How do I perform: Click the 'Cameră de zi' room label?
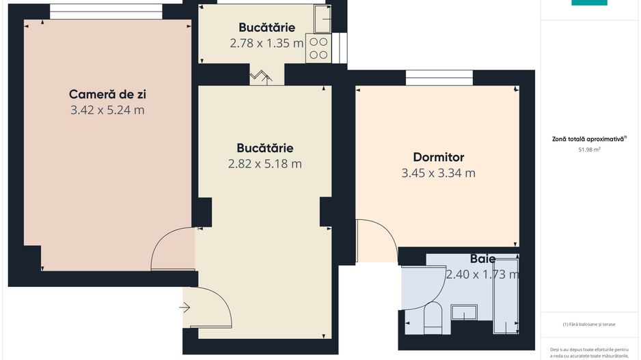(x=107, y=94)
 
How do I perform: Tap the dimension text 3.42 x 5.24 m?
(x=107, y=109)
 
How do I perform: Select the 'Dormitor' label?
(x=438, y=157)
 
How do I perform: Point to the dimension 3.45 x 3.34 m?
(x=438, y=173)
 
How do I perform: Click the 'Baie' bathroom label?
(x=482, y=260)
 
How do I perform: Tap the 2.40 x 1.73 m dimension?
(x=482, y=275)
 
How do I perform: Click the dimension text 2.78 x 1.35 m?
(x=267, y=43)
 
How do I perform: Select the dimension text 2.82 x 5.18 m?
(x=264, y=163)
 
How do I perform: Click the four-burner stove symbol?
(x=318, y=47)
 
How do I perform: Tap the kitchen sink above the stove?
(x=321, y=19)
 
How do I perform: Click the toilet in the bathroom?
(x=433, y=318)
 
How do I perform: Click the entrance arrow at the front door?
(x=185, y=307)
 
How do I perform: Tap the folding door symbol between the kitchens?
(x=260, y=76)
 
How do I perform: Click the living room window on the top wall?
(x=106, y=12)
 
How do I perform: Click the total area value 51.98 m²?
(x=588, y=148)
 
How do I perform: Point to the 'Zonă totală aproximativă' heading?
(x=588, y=138)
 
